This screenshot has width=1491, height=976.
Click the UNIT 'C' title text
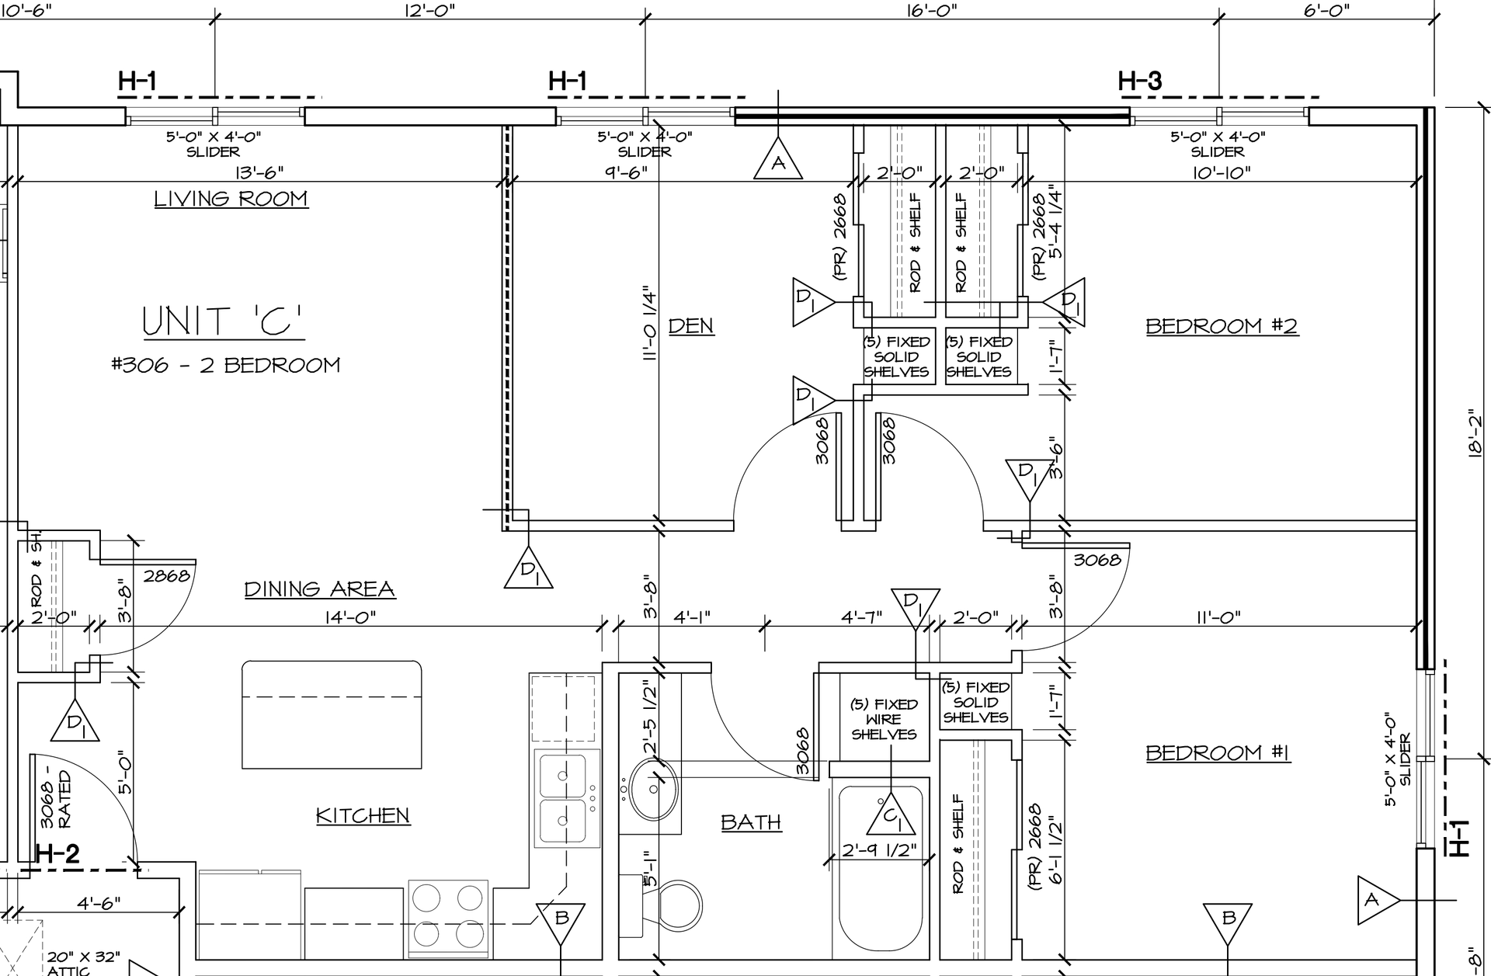pos(224,321)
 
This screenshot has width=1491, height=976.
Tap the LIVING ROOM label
pos(231,199)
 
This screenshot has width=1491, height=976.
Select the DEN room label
pos(690,325)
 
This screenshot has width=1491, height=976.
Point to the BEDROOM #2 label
pos(1222,326)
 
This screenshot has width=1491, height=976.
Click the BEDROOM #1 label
pos(1218,752)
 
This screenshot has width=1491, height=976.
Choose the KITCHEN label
pos(363,815)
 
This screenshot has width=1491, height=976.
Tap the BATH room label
pos(751,821)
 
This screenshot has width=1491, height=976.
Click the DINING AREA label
pos(319,589)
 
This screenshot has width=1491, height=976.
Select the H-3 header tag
pos(1140,80)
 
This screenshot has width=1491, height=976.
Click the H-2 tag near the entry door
pos(57,855)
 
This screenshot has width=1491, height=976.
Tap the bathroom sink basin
pos(652,790)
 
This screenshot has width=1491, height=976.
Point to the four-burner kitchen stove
pos(448,914)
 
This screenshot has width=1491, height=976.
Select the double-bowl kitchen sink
pos(566,800)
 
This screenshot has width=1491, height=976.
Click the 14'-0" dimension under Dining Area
pos(352,617)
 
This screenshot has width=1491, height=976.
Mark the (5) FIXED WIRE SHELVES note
pos(884,719)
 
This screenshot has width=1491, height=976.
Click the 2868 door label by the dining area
pos(167,575)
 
